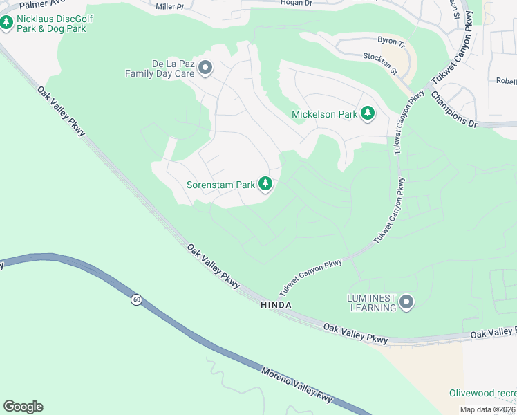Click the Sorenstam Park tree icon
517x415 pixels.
pos(265,184)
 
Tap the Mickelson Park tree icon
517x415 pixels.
pos(368,113)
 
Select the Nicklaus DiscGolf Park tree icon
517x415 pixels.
pos(7,24)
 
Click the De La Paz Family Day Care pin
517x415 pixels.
pos(205,67)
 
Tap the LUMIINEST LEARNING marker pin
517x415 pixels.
pos(406,302)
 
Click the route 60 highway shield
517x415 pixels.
pos(137,299)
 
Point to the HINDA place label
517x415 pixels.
pos(276,305)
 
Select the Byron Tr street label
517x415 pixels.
pos(388,41)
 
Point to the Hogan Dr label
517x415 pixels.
pos(297,3)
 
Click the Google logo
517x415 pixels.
pos(23,407)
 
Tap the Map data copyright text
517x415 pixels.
pos(488,409)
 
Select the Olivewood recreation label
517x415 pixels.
pos(482,393)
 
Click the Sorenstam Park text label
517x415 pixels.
pos(220,185)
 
